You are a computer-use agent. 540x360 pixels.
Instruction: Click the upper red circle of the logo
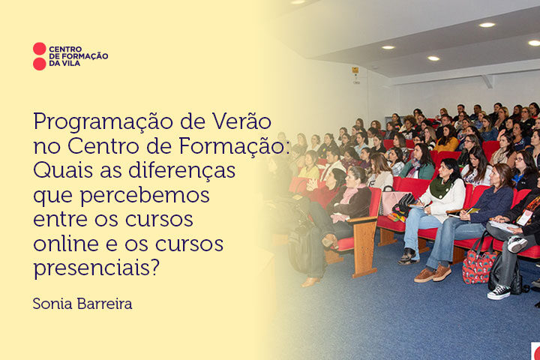39,49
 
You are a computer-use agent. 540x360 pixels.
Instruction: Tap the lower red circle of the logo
39,64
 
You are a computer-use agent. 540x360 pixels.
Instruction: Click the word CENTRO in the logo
65,49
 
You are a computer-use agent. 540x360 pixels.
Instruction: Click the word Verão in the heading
241,121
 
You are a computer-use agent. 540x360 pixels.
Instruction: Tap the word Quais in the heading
63,171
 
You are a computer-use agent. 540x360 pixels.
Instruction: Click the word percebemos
145,196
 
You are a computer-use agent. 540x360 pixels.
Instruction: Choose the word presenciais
91,268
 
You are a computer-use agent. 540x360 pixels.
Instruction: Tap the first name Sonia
52,304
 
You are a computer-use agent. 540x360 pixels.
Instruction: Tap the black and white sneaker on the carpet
498,292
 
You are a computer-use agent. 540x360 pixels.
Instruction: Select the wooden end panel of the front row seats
364,246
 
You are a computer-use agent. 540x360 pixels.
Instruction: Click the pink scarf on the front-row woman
350,195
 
